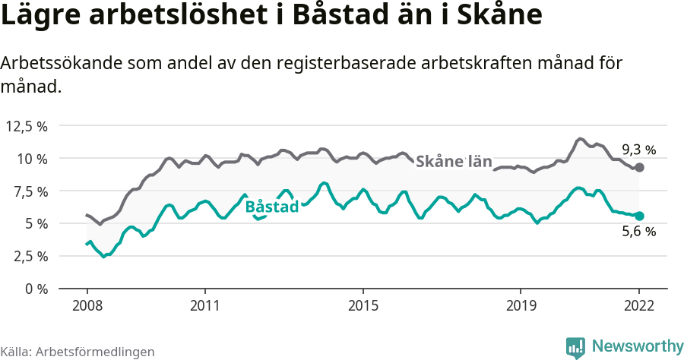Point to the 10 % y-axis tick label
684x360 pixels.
[x=31, y=159]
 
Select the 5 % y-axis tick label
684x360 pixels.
[x=35, y=224]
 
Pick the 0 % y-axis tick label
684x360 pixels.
[x=35, y=289]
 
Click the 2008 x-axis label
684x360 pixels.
[x=87, y=305]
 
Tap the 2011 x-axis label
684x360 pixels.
[x=205, y=305]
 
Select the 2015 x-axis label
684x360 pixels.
[x=363, y=305]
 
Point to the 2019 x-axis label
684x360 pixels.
[x=521, y=305]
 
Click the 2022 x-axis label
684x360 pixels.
[x=639, y=305]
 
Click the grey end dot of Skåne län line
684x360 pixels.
[x=639, y=167]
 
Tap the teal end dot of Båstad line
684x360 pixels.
[x=639, y=216]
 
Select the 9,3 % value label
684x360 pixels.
[x=638, y=150]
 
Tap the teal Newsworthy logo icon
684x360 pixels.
[x=575, y=347]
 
